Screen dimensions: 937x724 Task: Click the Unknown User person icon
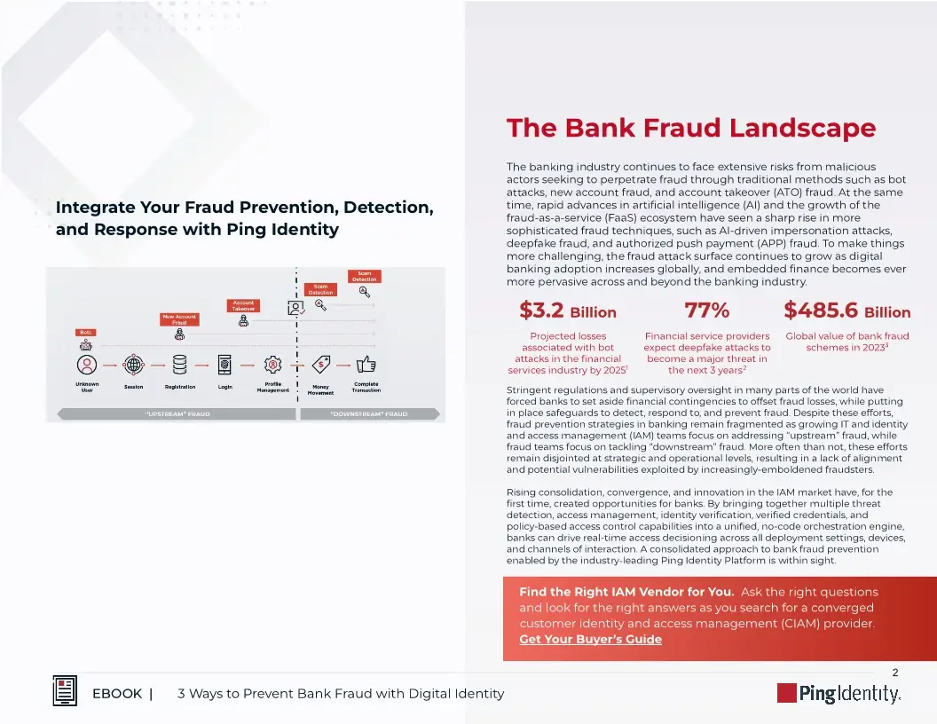coord(87,365)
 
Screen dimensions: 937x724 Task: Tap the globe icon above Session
coord(134,365)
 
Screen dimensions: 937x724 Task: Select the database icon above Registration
coord(180,365)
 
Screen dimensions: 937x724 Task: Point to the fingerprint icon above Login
coord(225,365)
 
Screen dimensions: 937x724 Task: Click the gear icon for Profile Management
coord(273,365)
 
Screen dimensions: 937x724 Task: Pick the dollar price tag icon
coord(321,364)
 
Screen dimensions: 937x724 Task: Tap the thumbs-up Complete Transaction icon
coord(366,364)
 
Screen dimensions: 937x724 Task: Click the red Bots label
coord(85,332)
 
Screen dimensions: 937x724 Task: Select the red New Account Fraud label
coord(179,319)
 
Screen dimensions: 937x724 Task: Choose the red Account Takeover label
coord(244,305)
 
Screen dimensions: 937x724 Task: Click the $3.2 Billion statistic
coord(567,311)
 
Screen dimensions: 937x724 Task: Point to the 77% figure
coord(707,311)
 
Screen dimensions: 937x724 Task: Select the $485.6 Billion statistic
coord(846,311)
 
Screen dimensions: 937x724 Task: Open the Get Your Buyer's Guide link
coord(590,639)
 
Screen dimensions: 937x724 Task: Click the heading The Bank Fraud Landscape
coord(690,129)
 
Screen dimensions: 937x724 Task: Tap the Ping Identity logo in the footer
coord(839,693)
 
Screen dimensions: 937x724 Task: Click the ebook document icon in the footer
coord(65,691)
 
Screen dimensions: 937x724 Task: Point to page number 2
coord(894,673)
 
